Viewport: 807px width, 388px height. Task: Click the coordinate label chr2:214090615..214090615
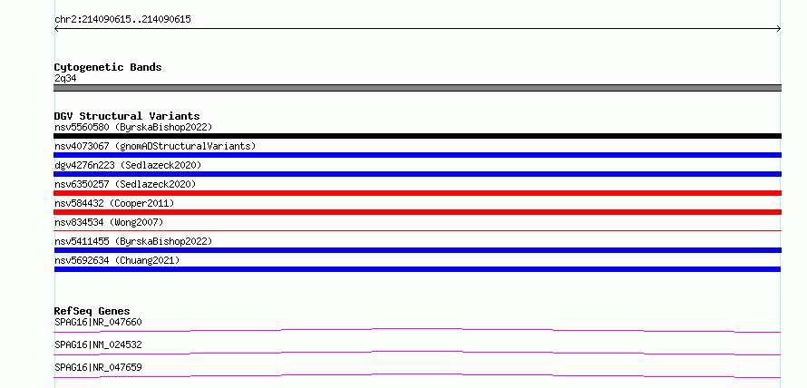point(122,20)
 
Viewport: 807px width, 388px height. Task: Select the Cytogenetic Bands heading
point(108,67)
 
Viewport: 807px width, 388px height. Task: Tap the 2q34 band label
point(66,78)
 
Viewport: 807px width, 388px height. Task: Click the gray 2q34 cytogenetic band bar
point(417,88)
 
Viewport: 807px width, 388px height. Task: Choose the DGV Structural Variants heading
point(127,116)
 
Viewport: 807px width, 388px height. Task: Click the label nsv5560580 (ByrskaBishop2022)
point(133,127)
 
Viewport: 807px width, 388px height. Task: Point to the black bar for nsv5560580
point(417,136)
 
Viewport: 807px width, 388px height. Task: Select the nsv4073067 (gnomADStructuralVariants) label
point(155,146)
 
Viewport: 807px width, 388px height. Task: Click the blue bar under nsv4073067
point(417,155)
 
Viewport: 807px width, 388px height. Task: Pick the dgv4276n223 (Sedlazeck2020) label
point(128,165)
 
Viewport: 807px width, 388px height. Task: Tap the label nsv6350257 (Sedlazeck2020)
point(125,184)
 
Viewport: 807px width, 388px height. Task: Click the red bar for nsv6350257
point(417,193)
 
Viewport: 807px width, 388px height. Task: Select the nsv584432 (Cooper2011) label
point(114,203)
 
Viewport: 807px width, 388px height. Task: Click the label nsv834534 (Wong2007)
point(109,222)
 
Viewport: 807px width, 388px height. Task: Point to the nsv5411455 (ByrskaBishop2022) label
point(133,241)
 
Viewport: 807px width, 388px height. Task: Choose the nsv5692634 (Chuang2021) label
point(117,260)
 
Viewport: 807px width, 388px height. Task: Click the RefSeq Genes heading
point(92,311)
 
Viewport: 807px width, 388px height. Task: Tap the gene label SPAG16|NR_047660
point(98,322)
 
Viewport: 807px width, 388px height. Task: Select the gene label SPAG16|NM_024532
point(98,344)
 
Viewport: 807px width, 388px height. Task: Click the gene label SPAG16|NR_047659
point(98,367)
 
